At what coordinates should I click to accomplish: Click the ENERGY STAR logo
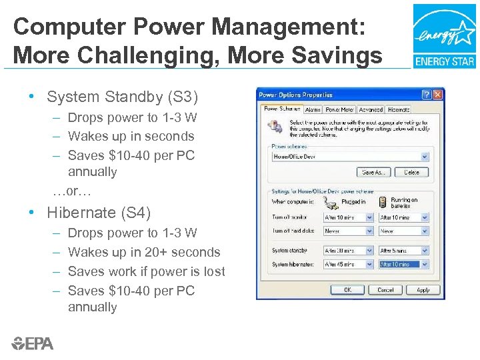pos(444,36)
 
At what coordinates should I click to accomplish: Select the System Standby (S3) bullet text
pos(123,97)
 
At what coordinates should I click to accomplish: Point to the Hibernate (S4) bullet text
pos(99,213)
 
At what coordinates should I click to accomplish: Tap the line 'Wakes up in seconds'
pos(131,136)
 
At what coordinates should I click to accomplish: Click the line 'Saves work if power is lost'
pos(146,271)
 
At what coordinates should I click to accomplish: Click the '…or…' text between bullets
pos(71,191)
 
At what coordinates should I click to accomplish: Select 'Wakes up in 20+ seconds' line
pos(143,252)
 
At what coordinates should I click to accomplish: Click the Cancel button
pos(385,290)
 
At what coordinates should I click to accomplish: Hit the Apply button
pos(423,290)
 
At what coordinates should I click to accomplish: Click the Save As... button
pos(373,172)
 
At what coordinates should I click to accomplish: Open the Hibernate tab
pos(398,109)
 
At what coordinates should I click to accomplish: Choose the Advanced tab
pos(370,109)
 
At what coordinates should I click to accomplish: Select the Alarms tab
pos(313,109)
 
